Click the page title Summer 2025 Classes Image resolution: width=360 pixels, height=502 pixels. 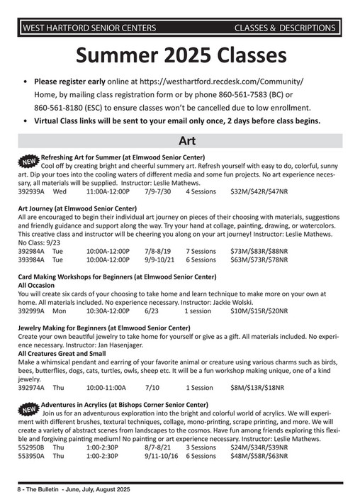[x=181, y=55]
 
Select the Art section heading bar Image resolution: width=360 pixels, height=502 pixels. [x=181, y=140]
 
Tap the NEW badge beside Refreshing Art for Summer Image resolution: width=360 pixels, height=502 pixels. [x=26, y=160]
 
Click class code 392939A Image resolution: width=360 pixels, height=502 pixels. [x=31, y=191]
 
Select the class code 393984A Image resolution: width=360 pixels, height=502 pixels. [x=31, y=260]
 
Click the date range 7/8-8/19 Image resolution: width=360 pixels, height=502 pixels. [x=158, y=251]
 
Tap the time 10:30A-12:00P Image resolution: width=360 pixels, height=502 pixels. [x=108, y=311]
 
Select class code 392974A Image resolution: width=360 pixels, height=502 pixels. [x=31, y=388]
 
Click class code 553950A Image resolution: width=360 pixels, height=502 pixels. [x=31, y=457]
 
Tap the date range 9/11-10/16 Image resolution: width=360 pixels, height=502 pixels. [x=162, y=457]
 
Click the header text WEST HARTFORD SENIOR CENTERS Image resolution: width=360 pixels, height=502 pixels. [x=89, y=28]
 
